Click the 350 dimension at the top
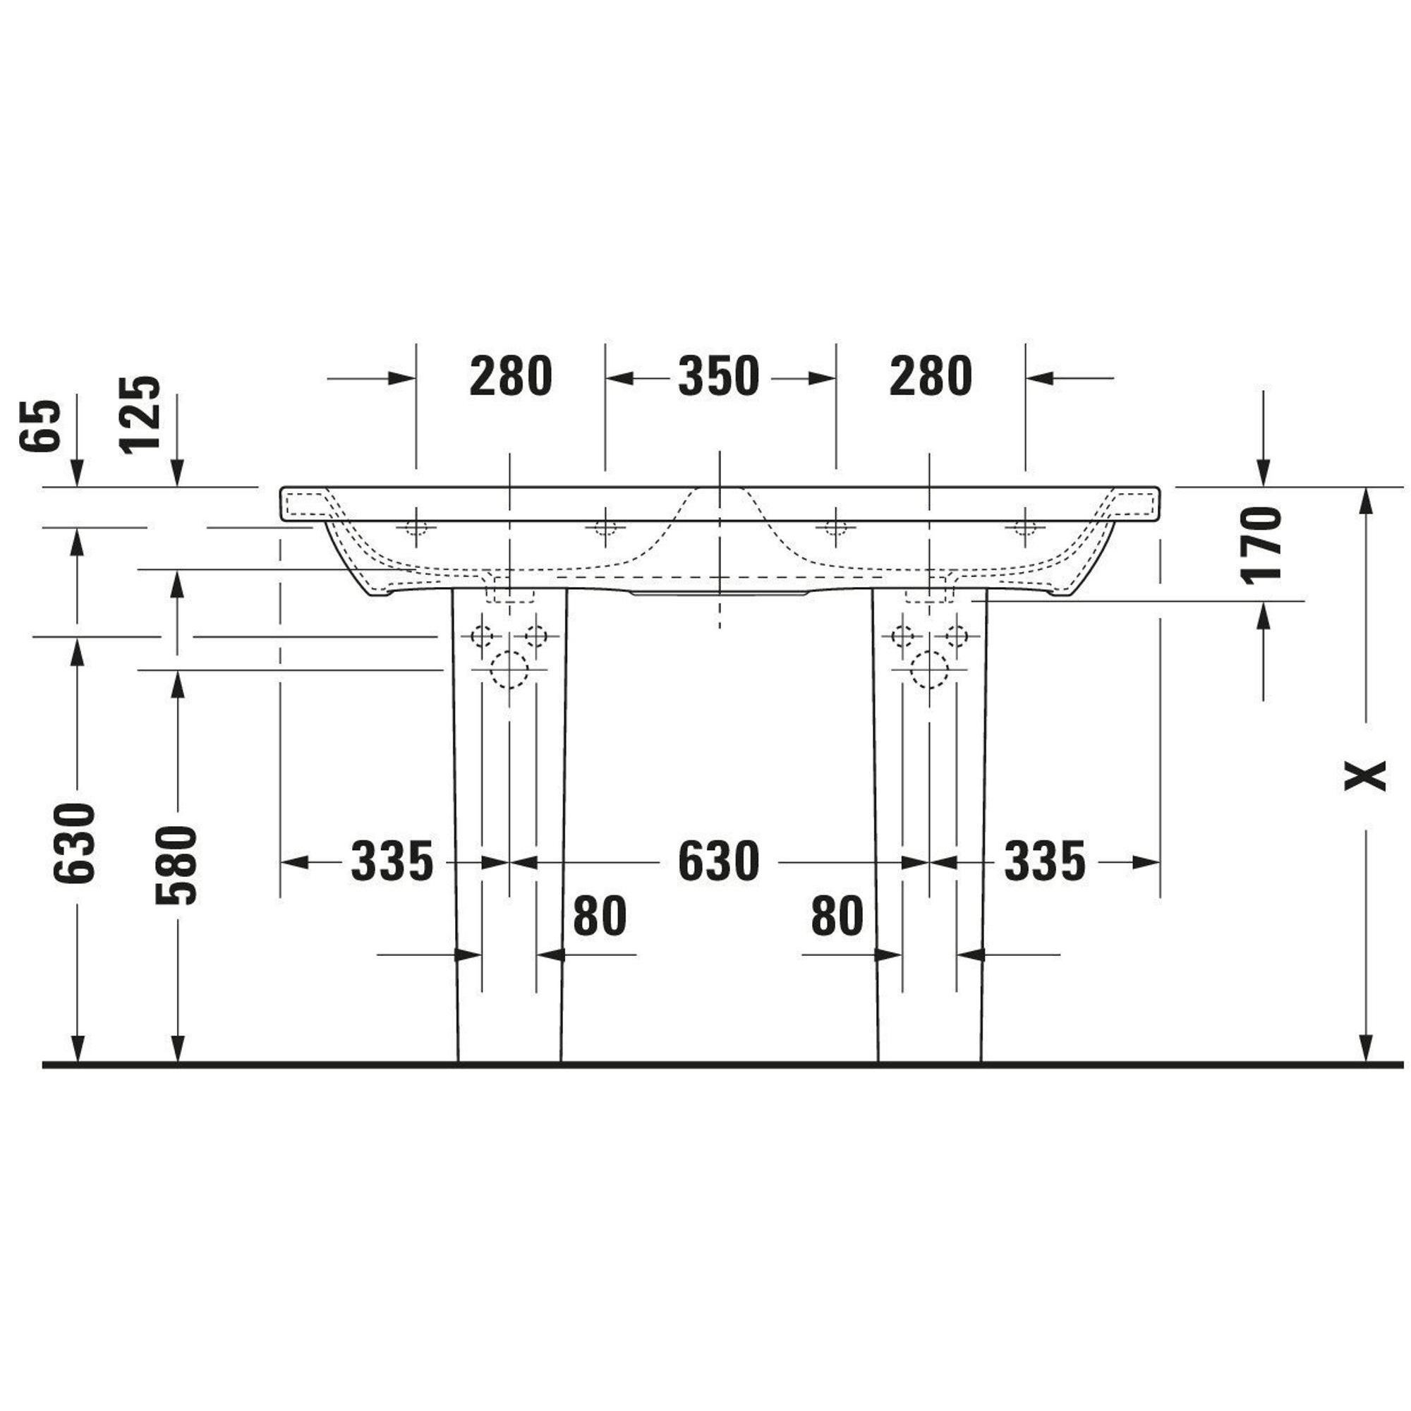click(719, 377)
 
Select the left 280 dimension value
click(511, 377)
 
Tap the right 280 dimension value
click(931, 377)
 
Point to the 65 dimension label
click(40, 426)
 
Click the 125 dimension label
click(140, 415)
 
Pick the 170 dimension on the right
click(1261, 545)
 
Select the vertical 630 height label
click(75, 843)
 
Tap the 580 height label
click(176, 865)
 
